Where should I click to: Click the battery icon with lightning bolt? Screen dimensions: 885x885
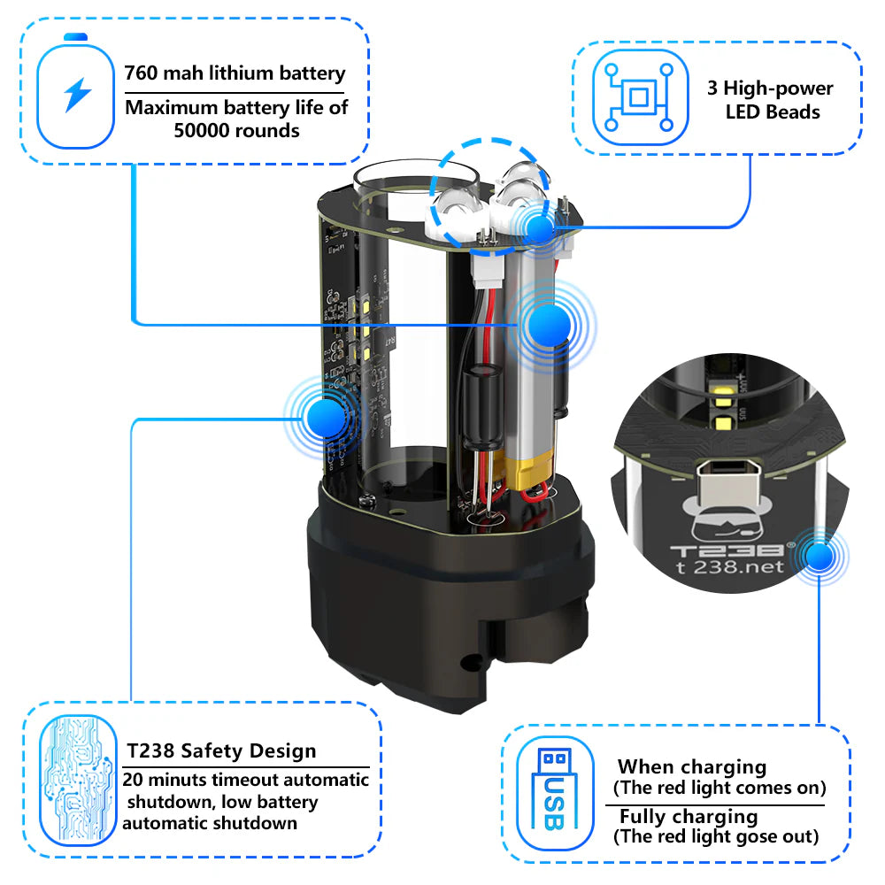[75, 91]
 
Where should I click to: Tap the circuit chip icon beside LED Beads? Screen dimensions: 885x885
[640, 97]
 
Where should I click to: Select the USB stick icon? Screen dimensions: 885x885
[555, 792]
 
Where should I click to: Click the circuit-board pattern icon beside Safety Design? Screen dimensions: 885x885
[77, 780]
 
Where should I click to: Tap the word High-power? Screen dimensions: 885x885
[778, 88]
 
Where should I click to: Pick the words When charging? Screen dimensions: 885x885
[692, 767]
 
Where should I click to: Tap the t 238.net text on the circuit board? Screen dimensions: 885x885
[730, 566]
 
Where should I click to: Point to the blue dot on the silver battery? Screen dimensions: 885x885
[547, 325]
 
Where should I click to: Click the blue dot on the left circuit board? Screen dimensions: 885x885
[327, 419]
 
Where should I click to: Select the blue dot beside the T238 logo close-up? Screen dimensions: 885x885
[820, 557]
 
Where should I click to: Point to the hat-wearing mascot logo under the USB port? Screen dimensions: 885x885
[727, 518]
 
